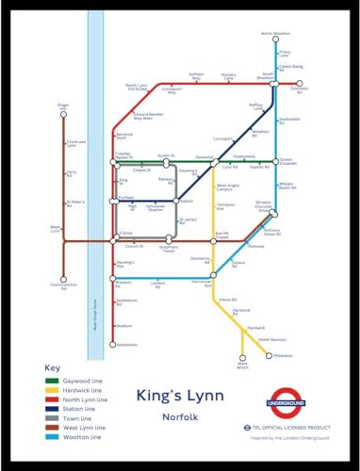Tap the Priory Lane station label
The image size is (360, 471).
[x=286, y=54]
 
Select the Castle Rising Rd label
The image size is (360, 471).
[x=291, y=68]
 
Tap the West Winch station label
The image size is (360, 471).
[x=242, y=365]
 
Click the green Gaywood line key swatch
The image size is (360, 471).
[x=55, y=382]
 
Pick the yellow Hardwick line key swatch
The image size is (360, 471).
[x=55, y=392]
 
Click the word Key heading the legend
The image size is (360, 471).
[x=53, y=368]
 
